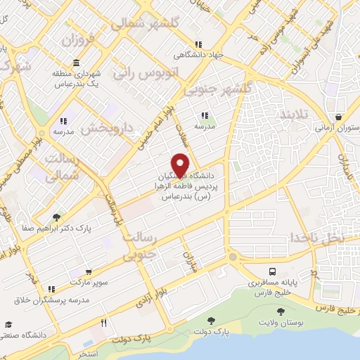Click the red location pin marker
[x=180, y=164]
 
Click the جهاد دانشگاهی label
[x=200, y=54]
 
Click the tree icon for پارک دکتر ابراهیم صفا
[x=56, y=217]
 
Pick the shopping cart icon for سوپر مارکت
[x=88, y=272]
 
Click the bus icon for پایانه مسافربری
[x=271, y=271]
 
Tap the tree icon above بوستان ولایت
[x=281, y=311]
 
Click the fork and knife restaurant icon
[x=103, y=323]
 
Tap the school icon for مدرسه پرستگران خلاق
[x=51, y=289]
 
